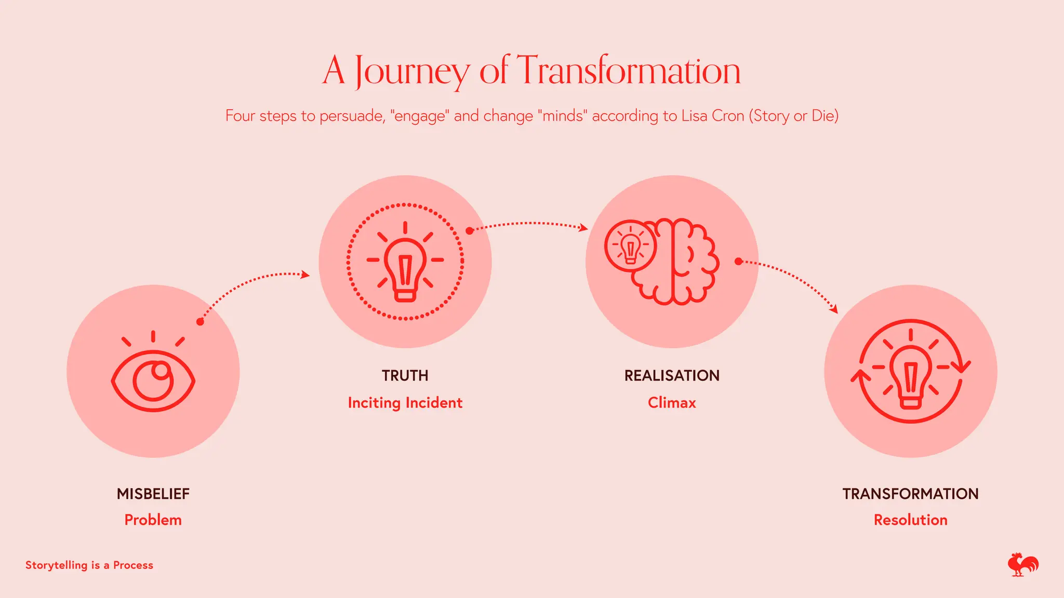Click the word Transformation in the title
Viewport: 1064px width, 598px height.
tap(629, 71)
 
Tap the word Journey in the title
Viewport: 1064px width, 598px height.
tap(412, 72)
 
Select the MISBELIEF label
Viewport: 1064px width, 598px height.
tap(153, 494)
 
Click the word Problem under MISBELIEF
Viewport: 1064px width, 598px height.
tap(153, 520)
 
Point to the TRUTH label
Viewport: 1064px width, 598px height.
tap(405, 375)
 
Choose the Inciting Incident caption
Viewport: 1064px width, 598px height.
tap(405, 402)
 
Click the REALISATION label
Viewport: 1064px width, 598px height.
tap(672, 375)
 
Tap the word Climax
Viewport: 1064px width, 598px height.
tap(672, 402)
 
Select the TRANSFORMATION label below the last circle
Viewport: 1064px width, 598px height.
tap(910, 494)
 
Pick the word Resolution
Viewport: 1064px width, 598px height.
tap(910, 520)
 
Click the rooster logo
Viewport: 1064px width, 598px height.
tap(1022, 564)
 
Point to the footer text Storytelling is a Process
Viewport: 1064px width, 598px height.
tap(89, 565)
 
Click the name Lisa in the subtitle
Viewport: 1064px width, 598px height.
tap(695, 116)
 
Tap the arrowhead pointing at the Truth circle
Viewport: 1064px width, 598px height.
tap(306, 274)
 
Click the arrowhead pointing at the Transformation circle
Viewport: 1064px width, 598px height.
tap(834, 310)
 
